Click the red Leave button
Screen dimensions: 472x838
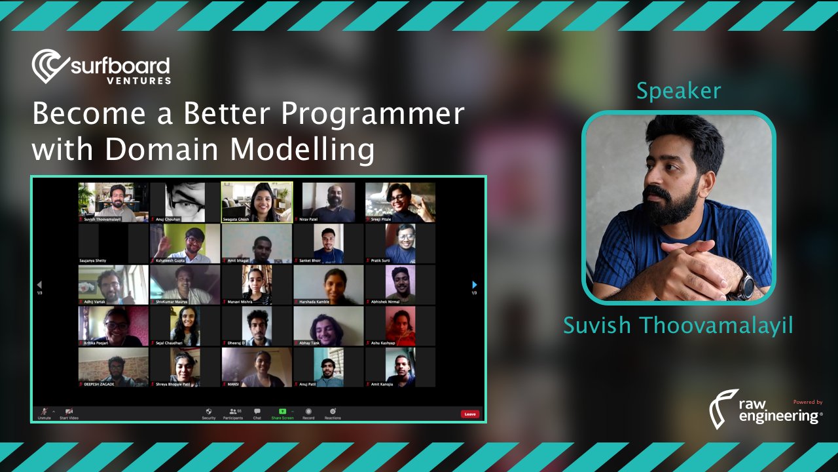tap(469, 414)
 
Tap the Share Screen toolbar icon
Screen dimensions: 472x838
tap(282, 412)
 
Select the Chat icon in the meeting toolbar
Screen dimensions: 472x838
tap(257, 412)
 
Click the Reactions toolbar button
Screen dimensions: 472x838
tap(333, 412)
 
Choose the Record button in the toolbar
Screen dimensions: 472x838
tap(308, 412)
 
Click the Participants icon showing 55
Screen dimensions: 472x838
tap(233, 412)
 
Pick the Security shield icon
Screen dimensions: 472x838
tap(209, 412)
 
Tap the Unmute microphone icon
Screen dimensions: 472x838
tap(45, 412)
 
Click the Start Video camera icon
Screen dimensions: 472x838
tap(69, 412)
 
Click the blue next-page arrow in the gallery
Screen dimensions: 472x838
tap(475, 285)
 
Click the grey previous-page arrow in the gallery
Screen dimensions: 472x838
tap(39, 285)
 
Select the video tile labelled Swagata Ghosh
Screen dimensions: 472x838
tap(257, 202)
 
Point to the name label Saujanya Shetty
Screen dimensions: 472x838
tap(94, 260)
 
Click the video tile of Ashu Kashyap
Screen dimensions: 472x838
tap(400, 326)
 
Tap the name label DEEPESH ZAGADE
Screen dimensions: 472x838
tap(99, 383)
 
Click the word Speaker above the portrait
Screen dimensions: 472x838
tap(678, 91)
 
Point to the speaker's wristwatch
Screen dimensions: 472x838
tap(744, 285)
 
